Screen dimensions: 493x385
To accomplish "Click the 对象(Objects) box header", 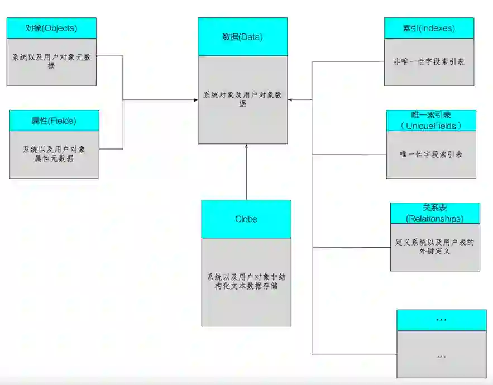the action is coord(51,28).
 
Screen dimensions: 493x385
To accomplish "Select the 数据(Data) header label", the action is coord(242,37).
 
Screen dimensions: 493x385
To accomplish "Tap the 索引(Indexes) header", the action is coord(429,28).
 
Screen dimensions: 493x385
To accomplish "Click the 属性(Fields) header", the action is coord(54,121).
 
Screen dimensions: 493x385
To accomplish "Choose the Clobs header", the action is coord(246,219).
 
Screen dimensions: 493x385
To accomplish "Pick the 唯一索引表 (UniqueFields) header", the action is coord(431,121).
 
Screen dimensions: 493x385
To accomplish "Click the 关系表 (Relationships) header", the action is coord(435,213).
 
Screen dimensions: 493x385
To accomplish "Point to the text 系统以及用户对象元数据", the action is coord(51,61).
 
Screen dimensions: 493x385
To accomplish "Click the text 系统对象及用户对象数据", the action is coord(242,99).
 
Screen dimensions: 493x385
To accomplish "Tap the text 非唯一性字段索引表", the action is coord(429,61).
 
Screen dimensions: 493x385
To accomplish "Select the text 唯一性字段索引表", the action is coord(431,154).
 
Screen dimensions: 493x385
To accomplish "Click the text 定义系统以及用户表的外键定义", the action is coord(435,247).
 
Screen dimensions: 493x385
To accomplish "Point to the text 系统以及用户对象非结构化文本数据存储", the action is coord(246,281).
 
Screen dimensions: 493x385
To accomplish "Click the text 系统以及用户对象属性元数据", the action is coord(54,154).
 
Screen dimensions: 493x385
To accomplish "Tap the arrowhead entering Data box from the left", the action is coord(195,100).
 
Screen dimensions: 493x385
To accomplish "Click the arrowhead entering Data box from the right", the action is coord(291,100).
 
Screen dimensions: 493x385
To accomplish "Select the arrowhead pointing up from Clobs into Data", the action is coord(246,146).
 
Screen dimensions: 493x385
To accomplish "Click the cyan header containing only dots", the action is coord(441,320).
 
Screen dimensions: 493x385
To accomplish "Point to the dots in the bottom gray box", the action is coord(441,355).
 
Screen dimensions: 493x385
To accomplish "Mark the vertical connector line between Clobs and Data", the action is coord(246,173).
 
